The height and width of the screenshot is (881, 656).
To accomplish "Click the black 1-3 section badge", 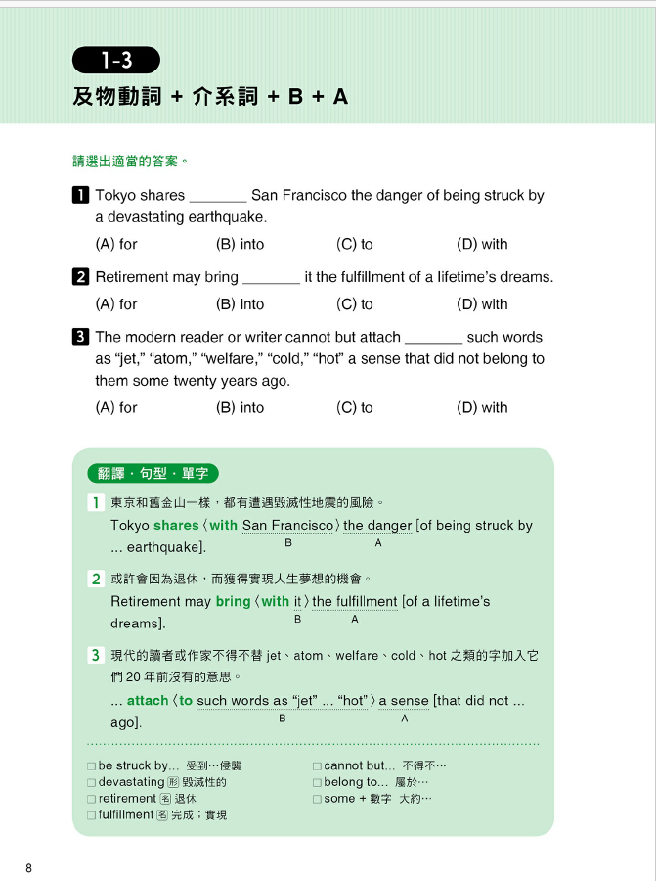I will tap(115, 61).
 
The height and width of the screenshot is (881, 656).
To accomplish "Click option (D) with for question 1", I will tap(481, 244).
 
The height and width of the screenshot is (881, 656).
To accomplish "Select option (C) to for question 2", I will tap(354, 304).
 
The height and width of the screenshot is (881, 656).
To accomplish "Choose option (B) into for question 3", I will tap(240, 407).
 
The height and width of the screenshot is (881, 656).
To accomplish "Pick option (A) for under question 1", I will tap(116, 244).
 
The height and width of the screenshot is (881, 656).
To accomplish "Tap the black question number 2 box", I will tap(81, 277).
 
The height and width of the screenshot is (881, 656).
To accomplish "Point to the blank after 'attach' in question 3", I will tap(433, 338).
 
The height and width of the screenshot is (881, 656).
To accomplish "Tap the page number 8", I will tap(29, 868).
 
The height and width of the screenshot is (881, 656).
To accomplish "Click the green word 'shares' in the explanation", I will tap(176, 526).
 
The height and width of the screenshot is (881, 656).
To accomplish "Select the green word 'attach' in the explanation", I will tap(148, 701).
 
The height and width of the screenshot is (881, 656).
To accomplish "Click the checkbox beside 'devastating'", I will tap(91, 783).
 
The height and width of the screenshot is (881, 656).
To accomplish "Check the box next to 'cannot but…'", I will tap(317, 766).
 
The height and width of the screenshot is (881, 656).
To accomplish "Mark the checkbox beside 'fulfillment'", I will tap(91, 814).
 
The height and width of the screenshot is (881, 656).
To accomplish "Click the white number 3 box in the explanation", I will tap(96, 655).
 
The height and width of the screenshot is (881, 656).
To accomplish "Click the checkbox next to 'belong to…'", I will tap(317, 783).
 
